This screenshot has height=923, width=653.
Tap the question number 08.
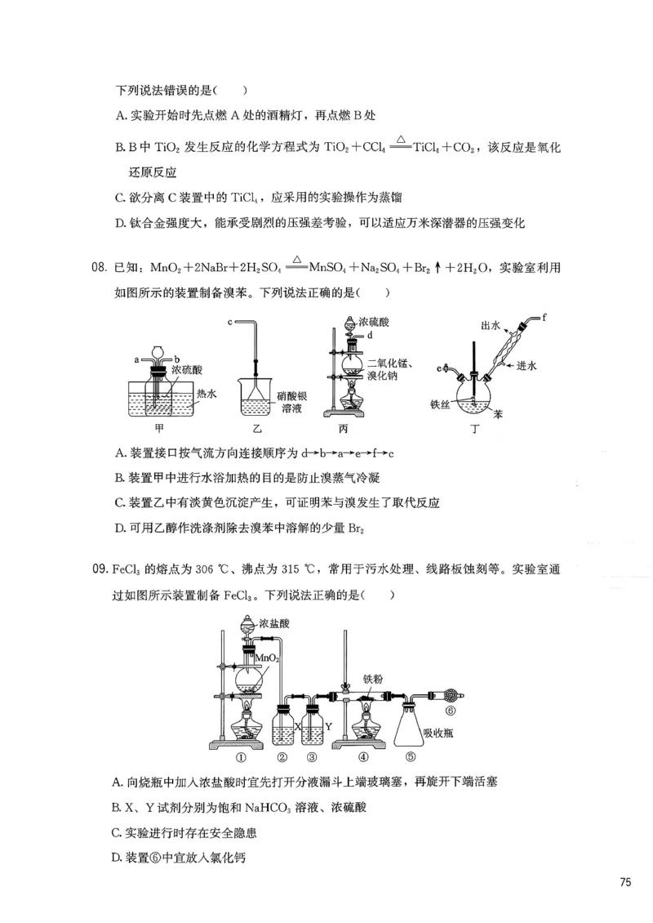click(100, 267)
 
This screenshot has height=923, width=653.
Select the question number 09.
click(100, 569)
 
